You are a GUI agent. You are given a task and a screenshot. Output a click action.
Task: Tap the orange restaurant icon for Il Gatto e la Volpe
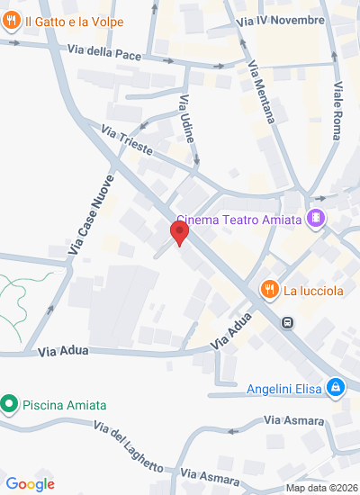(12, 22)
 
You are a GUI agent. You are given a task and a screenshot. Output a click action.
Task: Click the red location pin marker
(180, 234)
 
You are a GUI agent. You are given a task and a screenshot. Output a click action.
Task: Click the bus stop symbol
(287, 322)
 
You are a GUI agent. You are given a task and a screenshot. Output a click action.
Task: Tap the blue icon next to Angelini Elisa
(336, 388)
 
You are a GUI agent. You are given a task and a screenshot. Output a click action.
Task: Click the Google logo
(31, 484)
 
